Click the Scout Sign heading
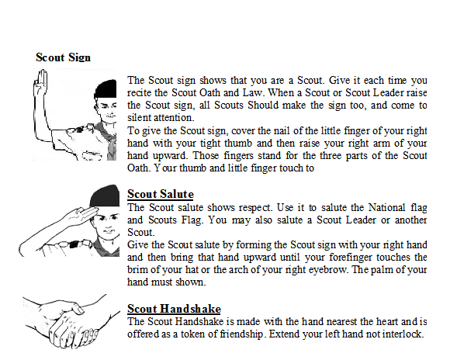pos(63,57)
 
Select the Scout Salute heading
pos(160,193)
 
